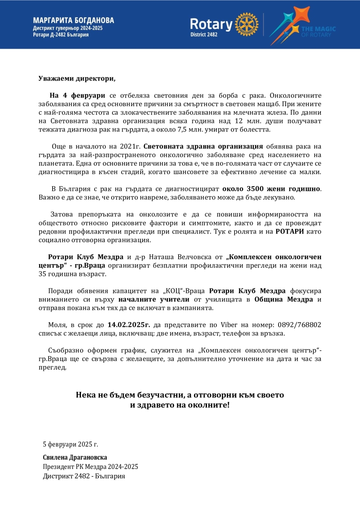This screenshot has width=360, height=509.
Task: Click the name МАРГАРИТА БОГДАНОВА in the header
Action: tap(73, 20)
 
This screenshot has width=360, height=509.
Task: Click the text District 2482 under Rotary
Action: tap(205, 35)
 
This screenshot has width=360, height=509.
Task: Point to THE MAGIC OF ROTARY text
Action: tap(324, 31)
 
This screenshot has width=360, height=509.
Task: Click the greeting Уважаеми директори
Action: tap(77, 79)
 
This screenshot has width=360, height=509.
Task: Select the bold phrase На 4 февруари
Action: tap(77, 95)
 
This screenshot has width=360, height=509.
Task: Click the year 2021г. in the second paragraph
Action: tap(131, 147)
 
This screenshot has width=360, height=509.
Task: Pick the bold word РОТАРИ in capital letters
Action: tap(289, 231)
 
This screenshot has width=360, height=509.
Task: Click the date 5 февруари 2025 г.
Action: tap(70, 445)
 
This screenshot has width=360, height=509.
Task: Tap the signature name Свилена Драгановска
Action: tap(75, 457)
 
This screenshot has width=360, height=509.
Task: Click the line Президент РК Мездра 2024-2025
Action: tap(90, 467)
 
